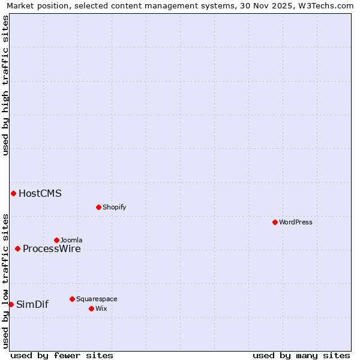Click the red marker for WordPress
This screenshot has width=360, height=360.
click(x=275, y=222)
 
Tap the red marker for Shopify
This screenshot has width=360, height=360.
click(x=98, y=207)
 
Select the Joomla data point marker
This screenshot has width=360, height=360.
click(x=56, y=240)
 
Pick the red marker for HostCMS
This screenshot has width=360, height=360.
click(x=13, y=193)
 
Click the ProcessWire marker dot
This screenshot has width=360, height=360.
click(x=17, y=248)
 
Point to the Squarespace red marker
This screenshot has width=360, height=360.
click(x=72, y=299)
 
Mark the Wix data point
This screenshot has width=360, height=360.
click(x=91, y=308)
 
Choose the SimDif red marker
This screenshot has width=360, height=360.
click(x=11, y=304)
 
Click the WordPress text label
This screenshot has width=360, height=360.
click(x=296, y=222)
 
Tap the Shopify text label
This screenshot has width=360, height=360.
click(x=114, y=207)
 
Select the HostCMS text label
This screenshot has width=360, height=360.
click(x=40, y=193)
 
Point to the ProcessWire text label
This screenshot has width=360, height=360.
click(x=52, y=248)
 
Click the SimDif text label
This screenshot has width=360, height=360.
click(x=32, y=304)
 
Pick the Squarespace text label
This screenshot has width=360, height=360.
click(x=97, y=299)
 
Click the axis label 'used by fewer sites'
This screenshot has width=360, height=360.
click(x=62, y=355)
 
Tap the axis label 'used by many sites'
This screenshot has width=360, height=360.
click(x=301, y=355)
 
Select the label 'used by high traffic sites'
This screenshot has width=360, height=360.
click(x=5, y=85)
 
